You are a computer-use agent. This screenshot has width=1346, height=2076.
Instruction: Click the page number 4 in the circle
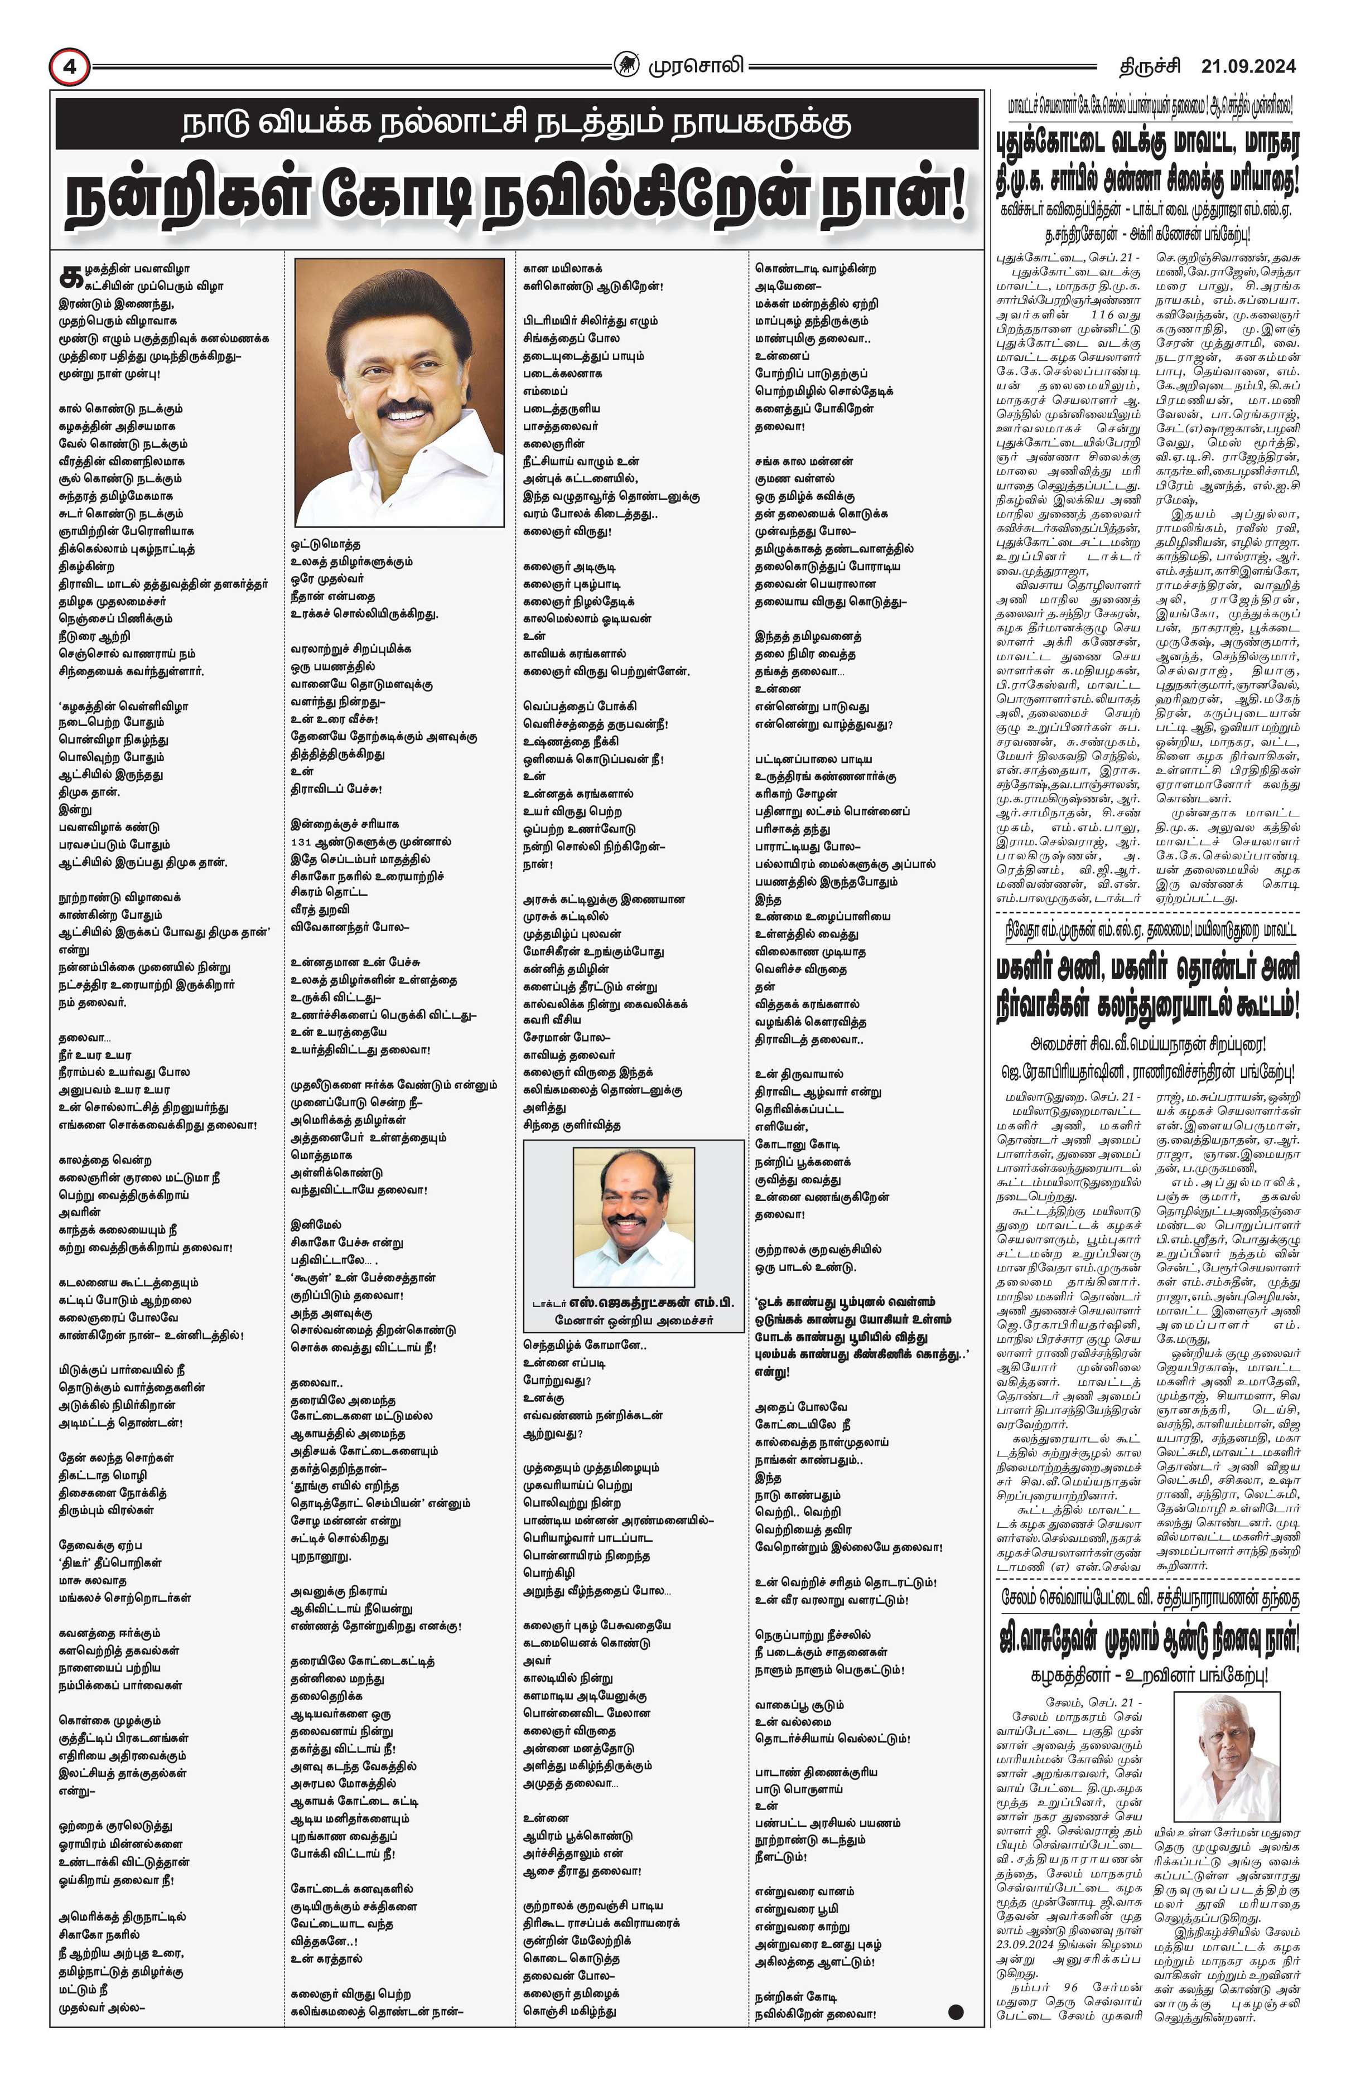[69, 67]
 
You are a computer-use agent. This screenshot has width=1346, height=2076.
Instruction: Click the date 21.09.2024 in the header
[1247, 66]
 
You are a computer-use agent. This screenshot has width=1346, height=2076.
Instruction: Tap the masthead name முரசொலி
[695, 65]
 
